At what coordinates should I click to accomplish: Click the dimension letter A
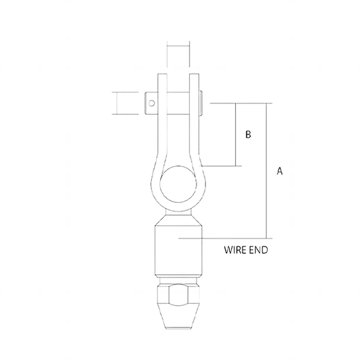280,172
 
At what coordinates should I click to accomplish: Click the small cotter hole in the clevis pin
152,103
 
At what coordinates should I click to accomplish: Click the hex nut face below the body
179,296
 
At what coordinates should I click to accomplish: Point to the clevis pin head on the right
204,103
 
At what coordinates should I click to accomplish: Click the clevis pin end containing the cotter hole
153,103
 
